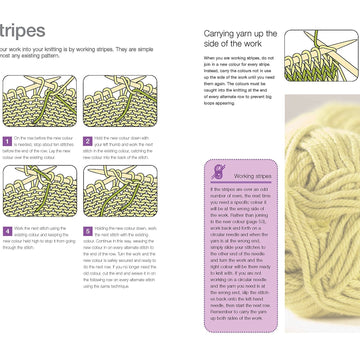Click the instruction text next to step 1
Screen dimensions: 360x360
tap(42, 151)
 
